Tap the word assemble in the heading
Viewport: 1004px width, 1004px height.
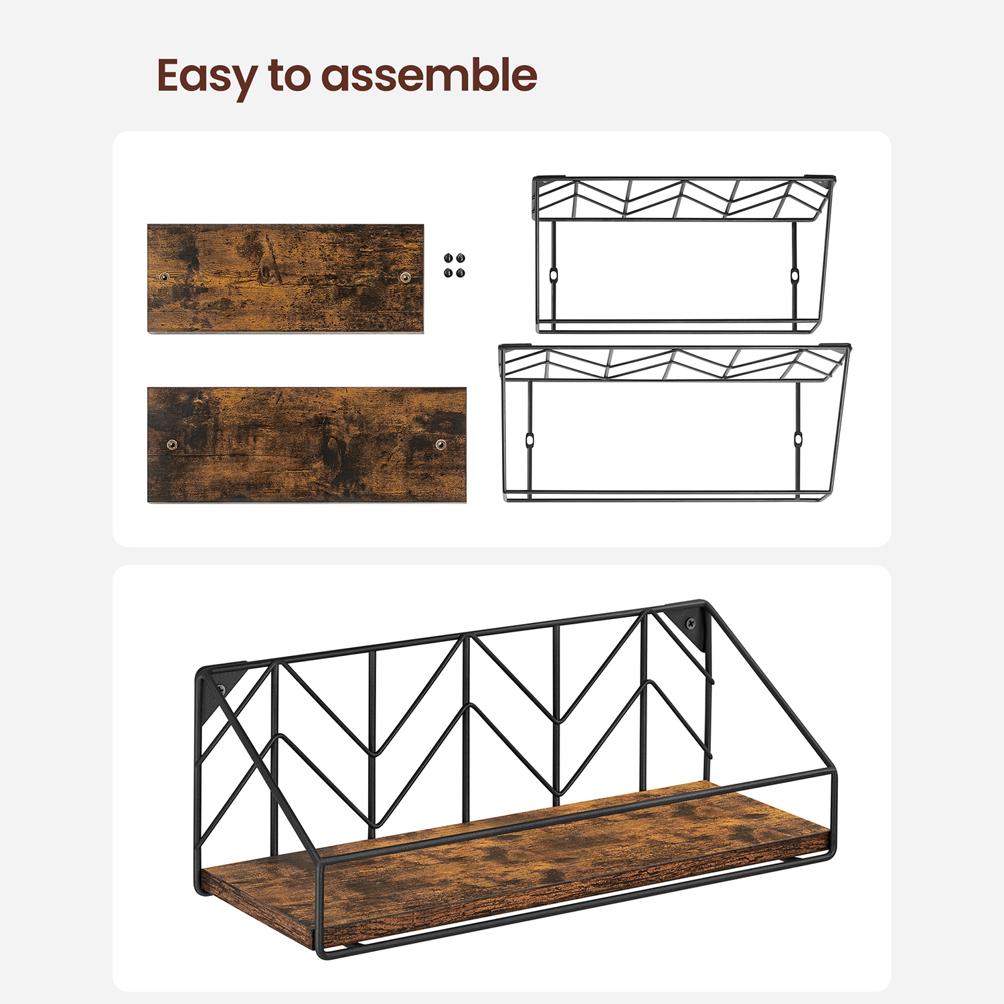point(430,74)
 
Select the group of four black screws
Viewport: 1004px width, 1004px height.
point(454,265)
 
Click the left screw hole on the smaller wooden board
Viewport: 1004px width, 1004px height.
point(164,276)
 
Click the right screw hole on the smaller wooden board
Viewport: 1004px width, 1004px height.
point(405,277)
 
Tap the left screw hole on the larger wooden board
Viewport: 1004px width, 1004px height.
point(172,444)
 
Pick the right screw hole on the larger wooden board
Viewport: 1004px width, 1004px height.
point(441,444)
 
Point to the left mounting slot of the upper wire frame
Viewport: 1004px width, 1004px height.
point(554,274)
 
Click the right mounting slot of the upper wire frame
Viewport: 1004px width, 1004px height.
point(794,275)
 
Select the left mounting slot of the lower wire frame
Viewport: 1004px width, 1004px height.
point(529,440)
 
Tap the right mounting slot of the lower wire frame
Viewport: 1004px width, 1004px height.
point(798,440)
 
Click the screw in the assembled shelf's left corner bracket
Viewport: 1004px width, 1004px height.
point(222,689)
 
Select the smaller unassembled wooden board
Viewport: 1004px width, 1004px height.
point(286,278)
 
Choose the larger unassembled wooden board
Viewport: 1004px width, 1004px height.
point(307,444)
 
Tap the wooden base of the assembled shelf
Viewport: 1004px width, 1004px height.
point(515,863)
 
